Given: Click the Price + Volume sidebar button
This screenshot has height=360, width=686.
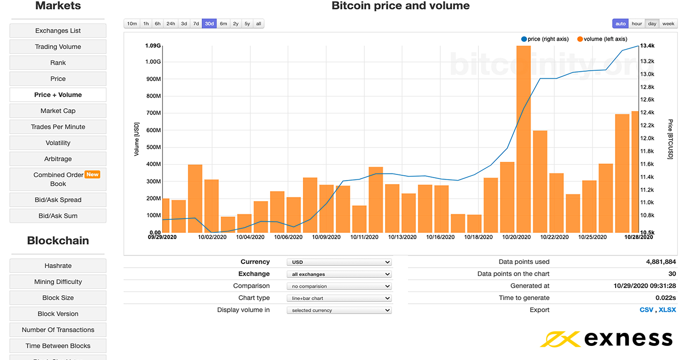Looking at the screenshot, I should pyautogui.click(x=58, y=95).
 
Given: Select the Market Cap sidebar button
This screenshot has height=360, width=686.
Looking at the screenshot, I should pyautogui.click(x=58, y=111).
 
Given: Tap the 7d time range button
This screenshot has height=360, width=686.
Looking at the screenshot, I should pyautogui.click(x=196, y=23).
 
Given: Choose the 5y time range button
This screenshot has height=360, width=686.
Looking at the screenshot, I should pyautogui.click(x=247, y=23).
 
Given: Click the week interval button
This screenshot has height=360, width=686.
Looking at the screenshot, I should pyautogui.click(x=668, y=23).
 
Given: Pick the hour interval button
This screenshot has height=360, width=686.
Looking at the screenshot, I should pyautogui.click(x=636, y=23).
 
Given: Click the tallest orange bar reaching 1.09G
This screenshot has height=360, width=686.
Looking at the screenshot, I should pyautogui.click(x=523, y=141).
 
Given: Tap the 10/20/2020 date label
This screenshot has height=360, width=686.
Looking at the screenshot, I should pyautogui.click(x=516, y=237).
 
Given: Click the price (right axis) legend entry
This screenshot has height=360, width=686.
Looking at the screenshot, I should pyautogui.click(x=545, y=39).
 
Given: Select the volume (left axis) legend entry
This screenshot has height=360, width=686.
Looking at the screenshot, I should pyautogui.click(x=602, y=39).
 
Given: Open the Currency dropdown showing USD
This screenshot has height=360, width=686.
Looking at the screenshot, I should pyautogui.click(x=339, y=262).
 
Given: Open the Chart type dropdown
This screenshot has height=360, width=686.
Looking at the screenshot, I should pyautogui.click(x=339, y=298).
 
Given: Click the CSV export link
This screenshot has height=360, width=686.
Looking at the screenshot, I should pyautogui.click(x=646, y=310).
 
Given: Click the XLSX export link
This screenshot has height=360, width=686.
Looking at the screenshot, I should pyautogui.click(x=667, y=310).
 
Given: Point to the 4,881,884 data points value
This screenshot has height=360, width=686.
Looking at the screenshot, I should pyautogui.click(x=661, y=262).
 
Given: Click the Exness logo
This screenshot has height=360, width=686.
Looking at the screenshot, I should pyautogui.click(x=606, y=338).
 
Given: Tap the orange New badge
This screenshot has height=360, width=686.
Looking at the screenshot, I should pyautogui.click(x=92, y=174).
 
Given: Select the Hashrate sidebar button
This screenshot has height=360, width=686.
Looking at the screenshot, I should pyautogui.click(x=58, y=266).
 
